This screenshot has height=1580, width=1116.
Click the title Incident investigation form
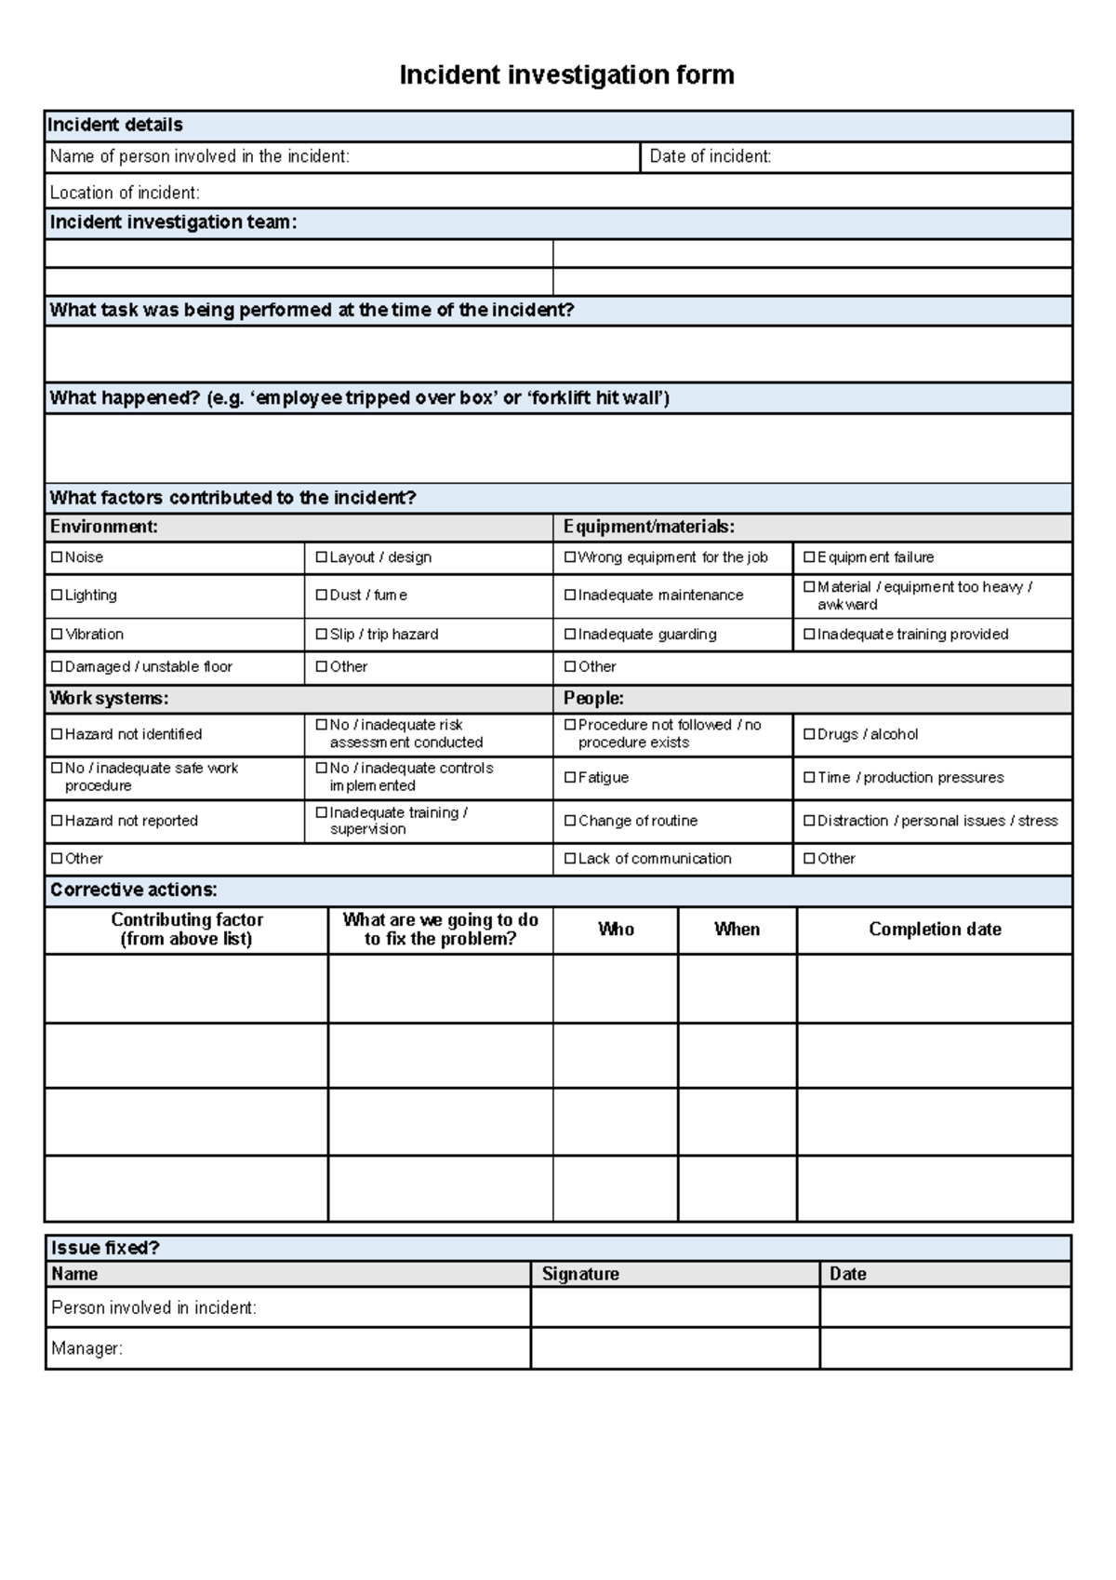[566, 75]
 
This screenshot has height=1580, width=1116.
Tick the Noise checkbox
[57, 557]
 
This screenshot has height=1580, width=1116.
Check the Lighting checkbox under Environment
[57, 595]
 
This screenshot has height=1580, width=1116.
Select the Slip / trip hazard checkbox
[322, 634]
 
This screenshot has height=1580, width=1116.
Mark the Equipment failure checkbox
[809, 557]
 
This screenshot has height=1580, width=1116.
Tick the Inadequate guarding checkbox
[570, 634]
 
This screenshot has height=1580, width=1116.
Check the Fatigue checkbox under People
[570, 777]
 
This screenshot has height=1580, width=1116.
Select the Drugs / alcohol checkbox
[809, 734]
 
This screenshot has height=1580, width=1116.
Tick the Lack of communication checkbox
[570, 858]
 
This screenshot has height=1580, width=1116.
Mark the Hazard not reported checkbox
[57, 821]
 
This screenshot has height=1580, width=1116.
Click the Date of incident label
[710, 157]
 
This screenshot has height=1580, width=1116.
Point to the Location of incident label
[125, 193]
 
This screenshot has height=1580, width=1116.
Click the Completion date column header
[935, 929]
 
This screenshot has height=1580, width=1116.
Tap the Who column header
[616, 929]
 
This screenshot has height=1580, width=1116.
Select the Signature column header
[580, 1274]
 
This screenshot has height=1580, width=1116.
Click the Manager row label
[86, 1348]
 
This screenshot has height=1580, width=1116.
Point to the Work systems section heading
[109, 698]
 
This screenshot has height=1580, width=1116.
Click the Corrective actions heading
[133, 890]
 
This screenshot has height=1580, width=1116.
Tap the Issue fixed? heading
[105, 1248]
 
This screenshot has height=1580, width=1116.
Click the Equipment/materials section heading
[649, 527]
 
